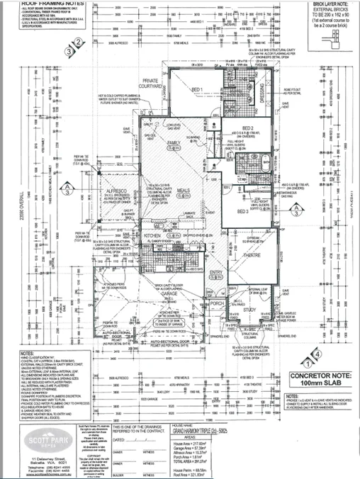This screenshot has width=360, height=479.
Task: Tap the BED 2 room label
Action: (247, 128)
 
